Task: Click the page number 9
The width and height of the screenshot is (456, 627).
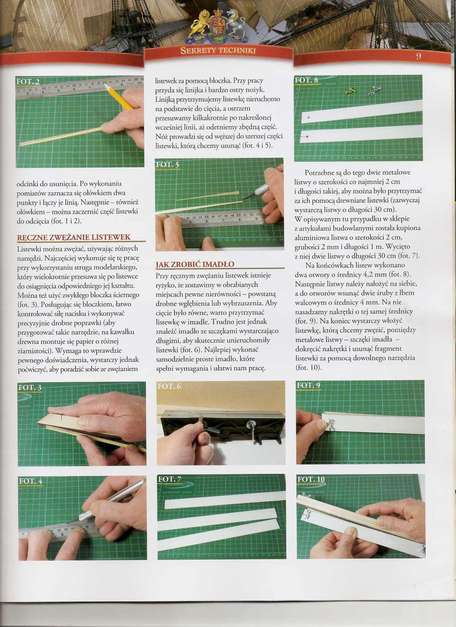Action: click(418, 56)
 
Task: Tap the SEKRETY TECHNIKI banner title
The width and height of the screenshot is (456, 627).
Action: click(218, 51)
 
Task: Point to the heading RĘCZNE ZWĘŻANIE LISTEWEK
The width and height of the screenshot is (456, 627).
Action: click(74, 237)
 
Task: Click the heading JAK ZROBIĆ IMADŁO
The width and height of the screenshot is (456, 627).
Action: click(195, 264)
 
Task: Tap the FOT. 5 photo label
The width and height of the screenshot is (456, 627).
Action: click(168, 164)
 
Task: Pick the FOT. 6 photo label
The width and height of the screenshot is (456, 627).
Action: click(169, 386)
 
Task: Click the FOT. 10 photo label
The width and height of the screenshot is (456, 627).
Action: click(311, 479)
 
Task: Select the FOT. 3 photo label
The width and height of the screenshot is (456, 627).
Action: click(30, 387)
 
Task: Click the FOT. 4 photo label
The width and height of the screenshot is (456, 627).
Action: click(30, 481)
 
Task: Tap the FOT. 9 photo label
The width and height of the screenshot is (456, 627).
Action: click(308, 385)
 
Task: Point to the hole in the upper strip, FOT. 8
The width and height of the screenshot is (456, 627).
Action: click(309, 118)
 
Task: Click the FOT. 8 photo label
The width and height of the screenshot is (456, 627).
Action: click(306, 80)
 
